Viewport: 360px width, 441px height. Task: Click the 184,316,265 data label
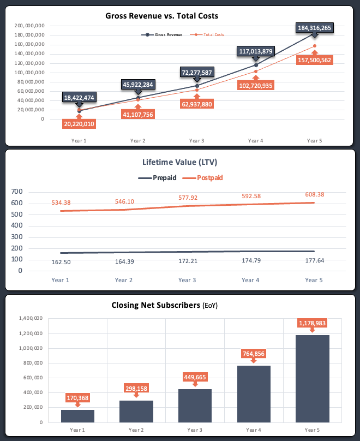315,28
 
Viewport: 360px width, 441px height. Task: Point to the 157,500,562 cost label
314,59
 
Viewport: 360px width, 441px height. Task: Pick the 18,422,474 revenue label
80,97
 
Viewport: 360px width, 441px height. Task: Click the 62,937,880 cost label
197,104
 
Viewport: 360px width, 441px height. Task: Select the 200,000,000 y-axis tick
30,26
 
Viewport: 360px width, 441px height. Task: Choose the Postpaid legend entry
202,177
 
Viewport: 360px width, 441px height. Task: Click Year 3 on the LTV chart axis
187,280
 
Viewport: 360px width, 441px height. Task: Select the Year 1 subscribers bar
77,415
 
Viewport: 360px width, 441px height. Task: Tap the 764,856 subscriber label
254,354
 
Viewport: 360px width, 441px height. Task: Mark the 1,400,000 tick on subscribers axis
30,318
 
